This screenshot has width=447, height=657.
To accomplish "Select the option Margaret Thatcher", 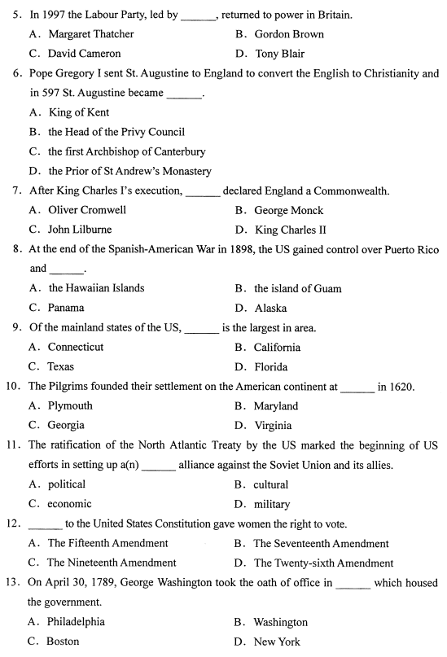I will [90, 34].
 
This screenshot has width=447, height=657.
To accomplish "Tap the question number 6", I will [17, 73].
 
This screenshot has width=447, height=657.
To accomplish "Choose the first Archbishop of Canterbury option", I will [126, 151].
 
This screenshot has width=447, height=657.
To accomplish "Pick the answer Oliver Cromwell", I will [87, 210].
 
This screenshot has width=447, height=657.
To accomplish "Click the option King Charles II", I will [291, 230].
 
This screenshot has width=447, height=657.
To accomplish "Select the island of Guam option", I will [297, 288].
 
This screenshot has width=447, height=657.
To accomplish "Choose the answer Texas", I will [60, 366].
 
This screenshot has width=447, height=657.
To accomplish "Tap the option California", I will [277, 347].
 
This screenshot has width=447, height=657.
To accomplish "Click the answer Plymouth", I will [70, 405].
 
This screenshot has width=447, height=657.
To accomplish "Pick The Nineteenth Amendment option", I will [111, 563].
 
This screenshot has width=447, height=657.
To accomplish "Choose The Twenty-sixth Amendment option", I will [323, 563].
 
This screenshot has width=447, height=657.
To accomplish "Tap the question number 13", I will [15, 582].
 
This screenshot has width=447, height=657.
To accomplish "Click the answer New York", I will [277, 641].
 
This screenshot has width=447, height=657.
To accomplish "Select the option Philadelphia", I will [76, 621].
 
